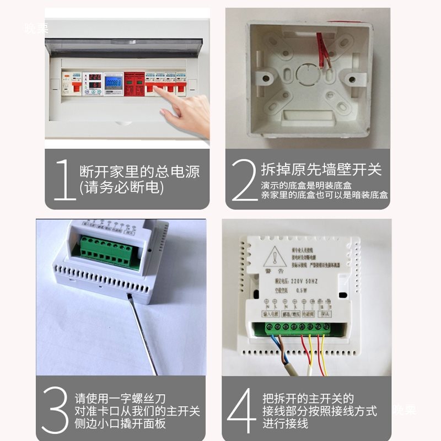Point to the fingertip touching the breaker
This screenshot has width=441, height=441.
pyautogui.click(x=163, y=90)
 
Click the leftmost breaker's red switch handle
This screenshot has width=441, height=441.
pyautogui.click(x=71, y=87)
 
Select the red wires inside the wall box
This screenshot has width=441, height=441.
pyautogui.click(x=322, y=52)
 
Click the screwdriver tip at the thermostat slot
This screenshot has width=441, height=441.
pyautogui.click(x=130, y=297)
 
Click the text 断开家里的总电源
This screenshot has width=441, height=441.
pyautogui.click(x=139, y=171)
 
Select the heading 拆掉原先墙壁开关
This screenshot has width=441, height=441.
pyautogui.click(x=321, y=169)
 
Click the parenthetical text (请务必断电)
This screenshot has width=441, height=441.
pyautogui.click(x=122, y=188)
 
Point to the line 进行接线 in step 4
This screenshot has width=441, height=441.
pyautogui.click(x=285, y=423)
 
